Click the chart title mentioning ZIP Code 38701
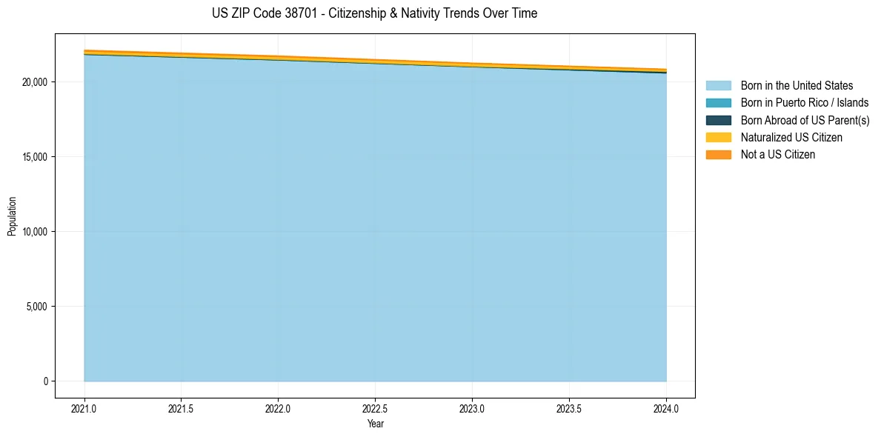(x=374, y=13)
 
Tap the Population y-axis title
(x=12, y=216)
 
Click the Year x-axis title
(x=375, y=424)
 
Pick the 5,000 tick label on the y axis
(x=37, y=307)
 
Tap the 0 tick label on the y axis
(x=45, y=381)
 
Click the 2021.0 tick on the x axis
(x=84, y=408)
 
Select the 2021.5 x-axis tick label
(x=182, y=408)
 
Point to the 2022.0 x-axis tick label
(x=278, y=408)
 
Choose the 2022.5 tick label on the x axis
(x=375, y=408)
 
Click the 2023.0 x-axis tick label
(x=472, y=408)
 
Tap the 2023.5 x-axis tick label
(x=569, y=408)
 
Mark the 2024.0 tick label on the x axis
(x=666, y=408)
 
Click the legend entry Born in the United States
(x=797, y=86)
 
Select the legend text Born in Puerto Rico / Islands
(x=805, y=103)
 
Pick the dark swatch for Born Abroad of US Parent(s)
(x=718, y=120)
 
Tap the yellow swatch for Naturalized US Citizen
(x=718, y=137)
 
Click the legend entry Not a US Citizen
(x=777, y=155)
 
